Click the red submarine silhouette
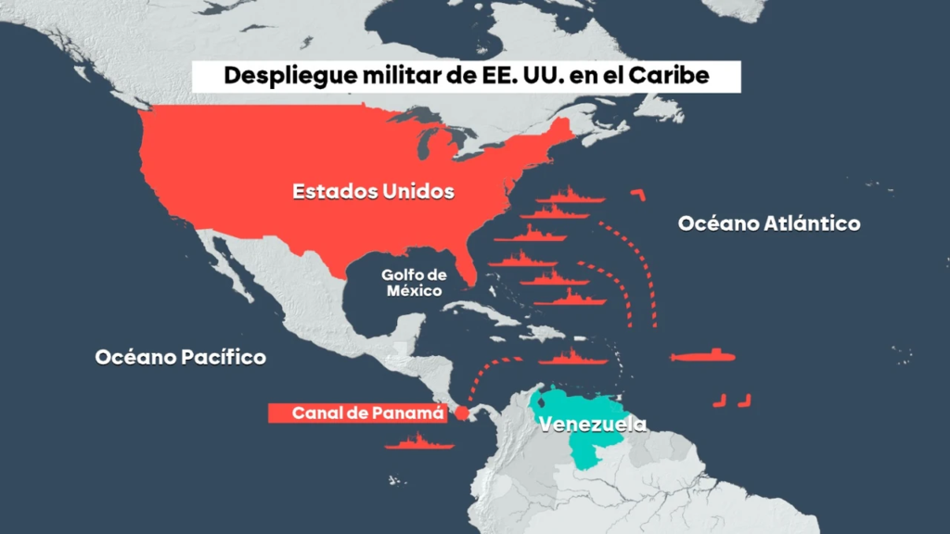[703, 357]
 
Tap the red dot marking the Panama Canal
[461, 413]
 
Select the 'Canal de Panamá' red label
[356, 413]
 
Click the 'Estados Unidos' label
[373, 192]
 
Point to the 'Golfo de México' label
[414, 283]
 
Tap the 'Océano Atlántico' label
[769, 223]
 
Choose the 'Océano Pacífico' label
[181, 357]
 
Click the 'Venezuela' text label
[592, 426]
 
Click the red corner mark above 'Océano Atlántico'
[637, 194]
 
